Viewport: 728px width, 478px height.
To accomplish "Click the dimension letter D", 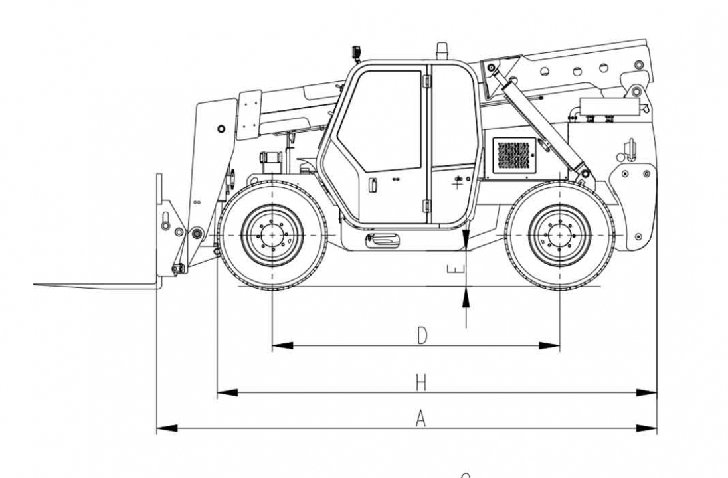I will point(422,335).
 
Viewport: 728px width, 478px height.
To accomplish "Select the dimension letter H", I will point(420,382).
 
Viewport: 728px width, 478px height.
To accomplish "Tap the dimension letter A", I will point(420,418).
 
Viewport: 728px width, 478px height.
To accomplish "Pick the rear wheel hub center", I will point(560,236).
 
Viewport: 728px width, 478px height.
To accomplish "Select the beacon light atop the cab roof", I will point(442,50).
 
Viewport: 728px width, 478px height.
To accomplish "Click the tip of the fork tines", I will point(37,285).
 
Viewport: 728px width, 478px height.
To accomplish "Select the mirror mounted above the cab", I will point(356,52).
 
